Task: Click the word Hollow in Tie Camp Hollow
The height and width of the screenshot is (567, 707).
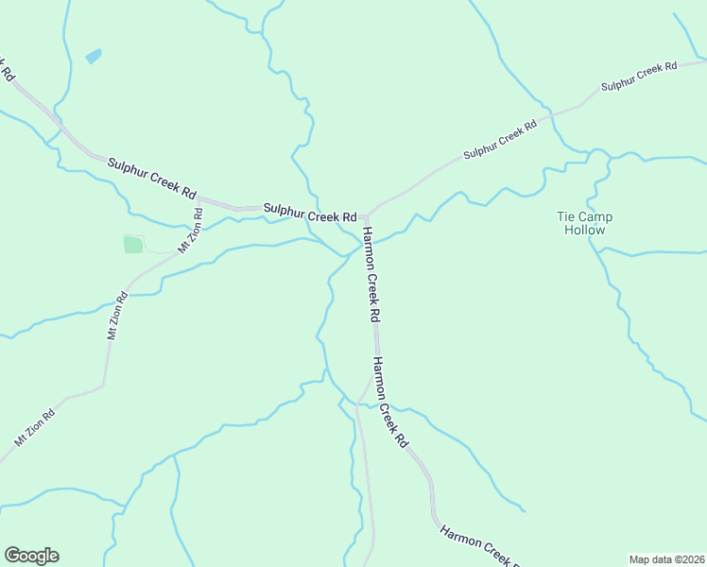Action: pos(584,230)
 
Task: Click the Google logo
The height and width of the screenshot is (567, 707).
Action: pos(31,556)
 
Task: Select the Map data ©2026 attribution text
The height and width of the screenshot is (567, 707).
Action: pos(666,558)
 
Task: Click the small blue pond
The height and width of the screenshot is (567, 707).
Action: pos(94,57)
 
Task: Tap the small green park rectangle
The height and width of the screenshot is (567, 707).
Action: pos(132,245)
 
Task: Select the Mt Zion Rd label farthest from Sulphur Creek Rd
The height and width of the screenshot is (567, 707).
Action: pos(35,426)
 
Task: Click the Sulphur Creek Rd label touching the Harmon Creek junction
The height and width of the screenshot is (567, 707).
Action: pos(310,213)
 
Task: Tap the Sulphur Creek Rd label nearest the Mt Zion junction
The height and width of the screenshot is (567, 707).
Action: pos(151,177)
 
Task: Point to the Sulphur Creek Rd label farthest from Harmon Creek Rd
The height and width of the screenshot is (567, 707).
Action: pos(639,75)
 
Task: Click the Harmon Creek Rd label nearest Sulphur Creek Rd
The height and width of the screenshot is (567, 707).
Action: pos(371,273)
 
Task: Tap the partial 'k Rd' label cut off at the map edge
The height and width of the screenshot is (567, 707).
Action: pos(8,68)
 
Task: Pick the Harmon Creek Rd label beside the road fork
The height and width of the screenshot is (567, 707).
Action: pos(389,402)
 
